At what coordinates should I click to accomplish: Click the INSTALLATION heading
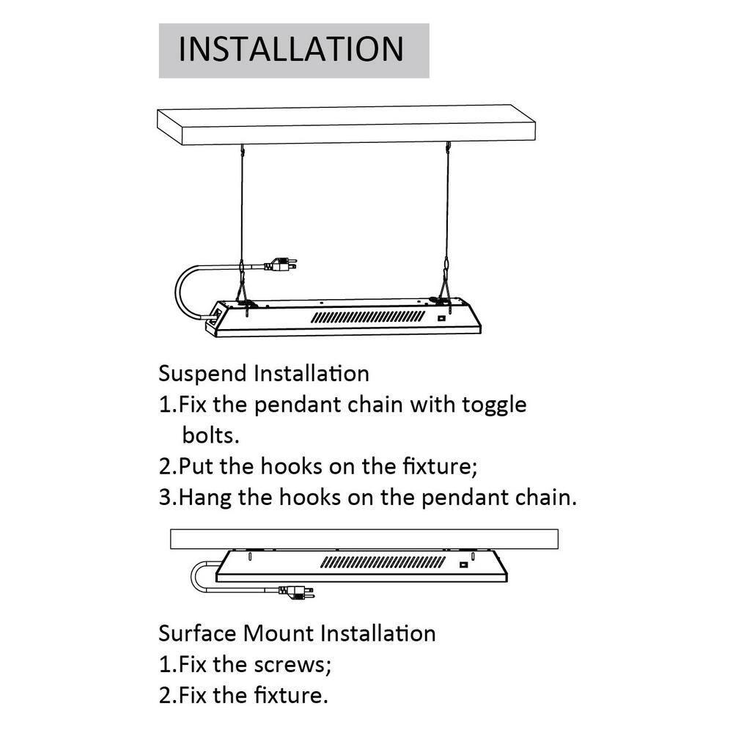coord(292,49)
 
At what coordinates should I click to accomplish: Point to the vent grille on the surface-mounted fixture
coord(383,563)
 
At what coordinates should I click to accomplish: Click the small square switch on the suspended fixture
coord(441,318)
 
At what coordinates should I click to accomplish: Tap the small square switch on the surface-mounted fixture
coord(463,564)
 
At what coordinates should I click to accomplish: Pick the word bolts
coord(210,435)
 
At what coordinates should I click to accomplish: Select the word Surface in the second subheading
coord(198,633)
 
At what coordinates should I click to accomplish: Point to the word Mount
coord(279,633)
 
